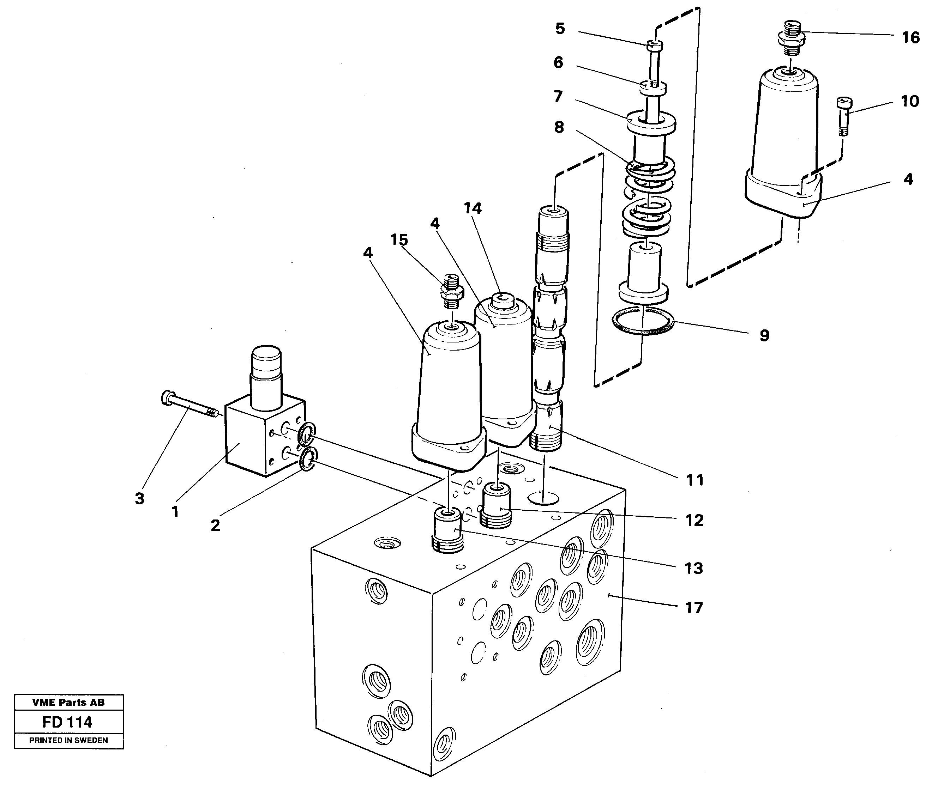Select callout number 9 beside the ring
764,335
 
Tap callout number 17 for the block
693,607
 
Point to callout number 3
140,498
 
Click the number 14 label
473,208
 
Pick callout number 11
694,480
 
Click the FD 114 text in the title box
67,722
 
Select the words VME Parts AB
68,703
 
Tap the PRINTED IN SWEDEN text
68,740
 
